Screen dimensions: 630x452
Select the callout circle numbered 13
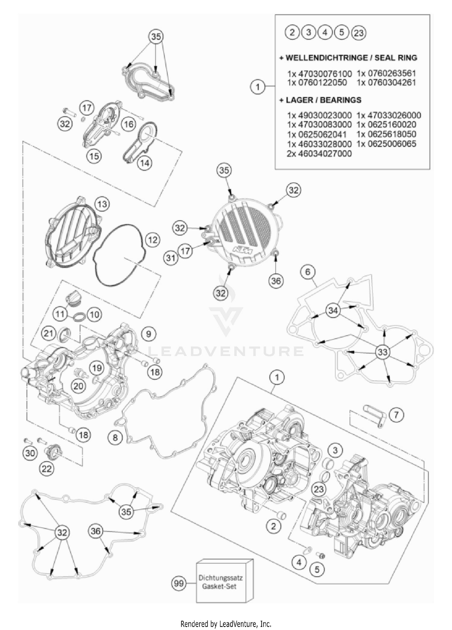click(102, 204)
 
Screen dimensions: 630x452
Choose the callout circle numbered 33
click(382, 352)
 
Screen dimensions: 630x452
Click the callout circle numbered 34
click(333, 310)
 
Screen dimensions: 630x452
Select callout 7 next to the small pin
click(396, 415)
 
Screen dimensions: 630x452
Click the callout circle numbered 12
click(153, 240)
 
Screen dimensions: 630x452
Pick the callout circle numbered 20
click(78, 386)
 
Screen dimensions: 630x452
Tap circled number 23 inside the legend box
click(359, 33)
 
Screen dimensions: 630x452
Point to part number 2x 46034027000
click(319, 154)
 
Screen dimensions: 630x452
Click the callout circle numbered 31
click(171, 258)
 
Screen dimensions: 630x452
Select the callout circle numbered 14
click(145, 163)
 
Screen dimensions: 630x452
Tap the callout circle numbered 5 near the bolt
click(317, 569)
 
